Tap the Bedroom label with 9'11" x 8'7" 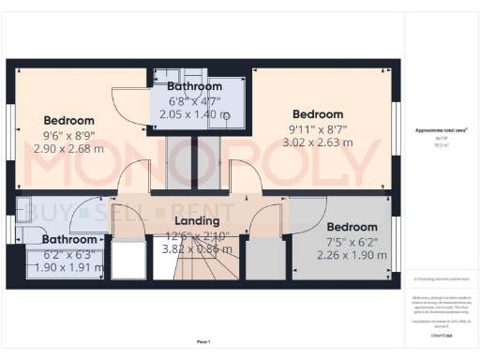[x=317, y=115]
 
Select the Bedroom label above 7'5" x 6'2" [x=352, y=227]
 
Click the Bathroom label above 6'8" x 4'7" [x=195, y=87]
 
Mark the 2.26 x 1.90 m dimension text [x=352, y=256]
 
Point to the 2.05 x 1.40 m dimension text [x=195, y=114]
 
